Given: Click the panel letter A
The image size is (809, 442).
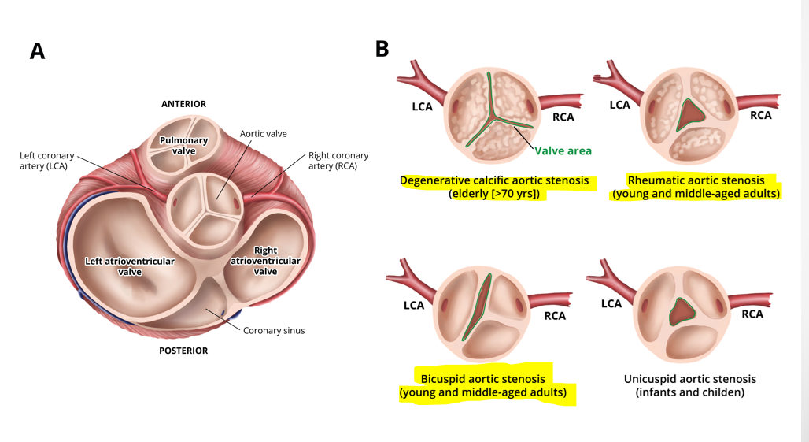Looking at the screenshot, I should click(37, 51).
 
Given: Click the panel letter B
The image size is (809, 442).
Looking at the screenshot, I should click(382, 49).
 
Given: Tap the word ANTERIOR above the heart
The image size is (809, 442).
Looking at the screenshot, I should click(183, 104).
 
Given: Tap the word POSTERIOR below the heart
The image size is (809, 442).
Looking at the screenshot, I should click(183, 351).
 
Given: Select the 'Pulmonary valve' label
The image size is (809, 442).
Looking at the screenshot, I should click(183, 146).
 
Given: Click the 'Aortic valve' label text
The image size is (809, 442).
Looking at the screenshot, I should click(263, 134).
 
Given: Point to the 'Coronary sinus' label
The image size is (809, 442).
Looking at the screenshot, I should click(273, 330).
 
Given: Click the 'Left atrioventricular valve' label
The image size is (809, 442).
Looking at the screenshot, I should click(130, 266).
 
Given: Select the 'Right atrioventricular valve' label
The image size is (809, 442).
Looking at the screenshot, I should click(265, 261).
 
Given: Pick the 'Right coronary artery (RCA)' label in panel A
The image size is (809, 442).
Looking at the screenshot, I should click(338, 160).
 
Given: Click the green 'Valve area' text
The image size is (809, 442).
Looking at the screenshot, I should click(563, 150).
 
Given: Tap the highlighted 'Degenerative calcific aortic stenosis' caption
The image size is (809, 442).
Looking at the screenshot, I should click(494, 187).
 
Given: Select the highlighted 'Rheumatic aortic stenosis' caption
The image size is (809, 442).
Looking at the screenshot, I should click(696, 187).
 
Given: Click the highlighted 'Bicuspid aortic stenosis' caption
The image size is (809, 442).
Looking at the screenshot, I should click(483, 385).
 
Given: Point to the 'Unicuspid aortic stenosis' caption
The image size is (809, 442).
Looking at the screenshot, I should click(690, 385).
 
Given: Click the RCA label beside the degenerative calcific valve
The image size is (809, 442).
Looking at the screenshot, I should click(563, 117).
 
